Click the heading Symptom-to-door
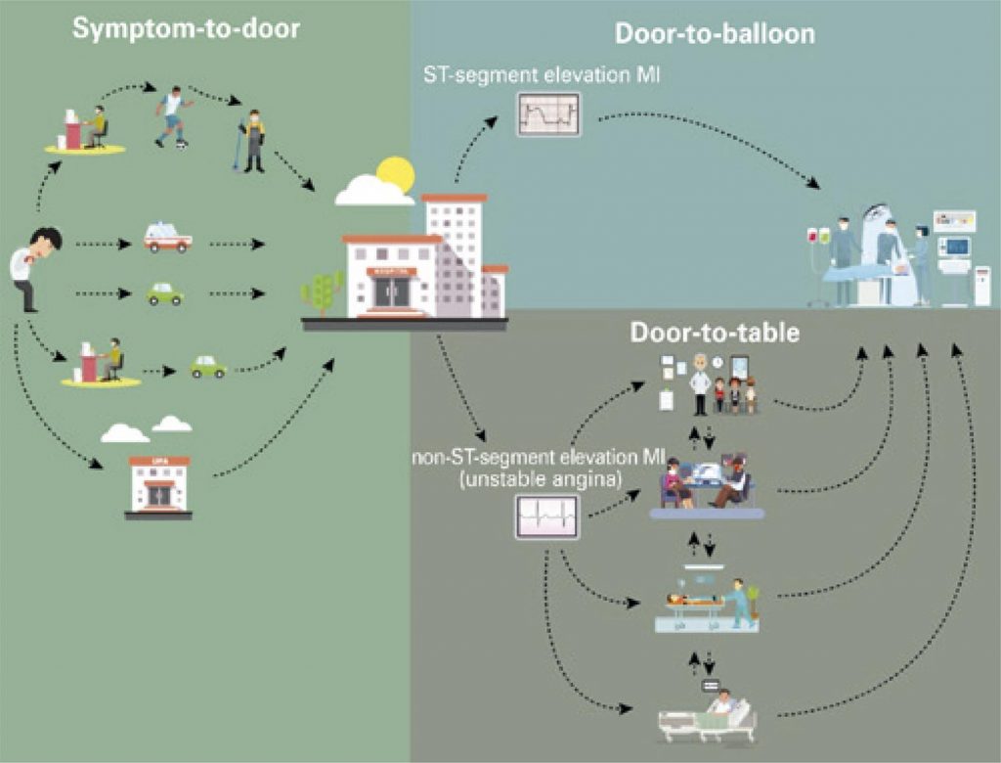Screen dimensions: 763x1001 point(186,28)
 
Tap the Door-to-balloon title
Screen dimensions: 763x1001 point(715,34)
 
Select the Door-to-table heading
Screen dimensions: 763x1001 point(716,333)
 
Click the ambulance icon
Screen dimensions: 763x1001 point(167,238)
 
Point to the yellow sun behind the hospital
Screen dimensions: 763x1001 point(395,174)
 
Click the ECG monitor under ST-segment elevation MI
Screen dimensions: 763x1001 point(547,114)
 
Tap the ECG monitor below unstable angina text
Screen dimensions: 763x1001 point(546,516)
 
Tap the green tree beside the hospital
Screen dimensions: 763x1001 point(323,291)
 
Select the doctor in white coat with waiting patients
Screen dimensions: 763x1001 point(699,384)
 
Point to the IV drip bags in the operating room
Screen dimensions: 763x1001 point(817,238)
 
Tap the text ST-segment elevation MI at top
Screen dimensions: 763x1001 point(544,72)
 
